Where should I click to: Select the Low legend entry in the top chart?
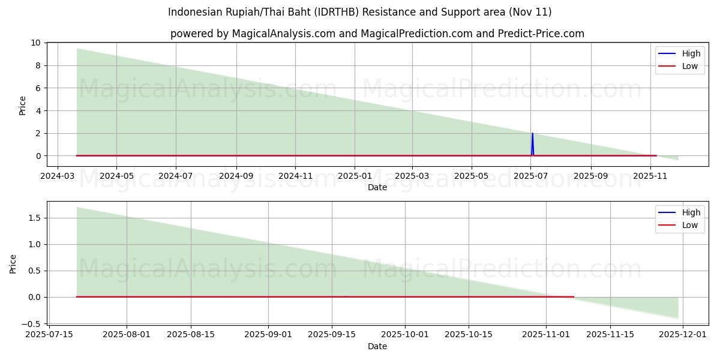[689, 66]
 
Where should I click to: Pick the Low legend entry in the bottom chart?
[689, 225]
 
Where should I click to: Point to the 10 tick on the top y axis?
[36, 43]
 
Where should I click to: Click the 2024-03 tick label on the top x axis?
[57, 176]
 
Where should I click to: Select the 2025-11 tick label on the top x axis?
[650, 176]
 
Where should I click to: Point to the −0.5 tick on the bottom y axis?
[34, 323]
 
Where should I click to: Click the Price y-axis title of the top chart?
[23, 106]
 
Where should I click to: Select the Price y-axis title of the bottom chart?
[13, 264]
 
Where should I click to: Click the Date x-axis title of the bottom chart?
[377, 346]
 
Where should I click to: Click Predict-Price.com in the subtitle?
[541, 34]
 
